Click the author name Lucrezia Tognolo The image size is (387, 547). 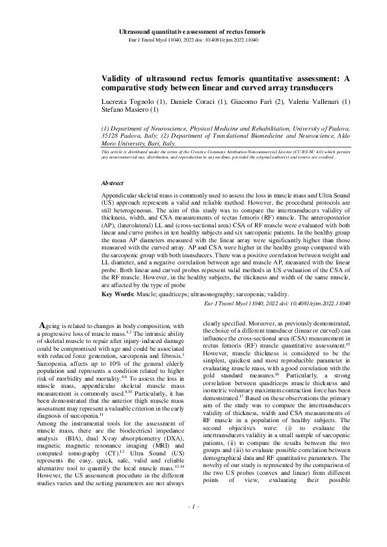click(x=127, y=101)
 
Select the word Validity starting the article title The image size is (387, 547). click(x=118, y=79)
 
